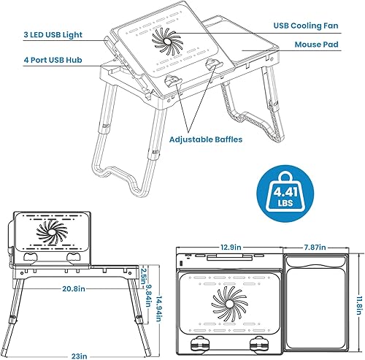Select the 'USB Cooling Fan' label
click(x=307, y=24)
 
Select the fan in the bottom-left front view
click(x=52, y=238)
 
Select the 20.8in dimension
click(x=77, y=288)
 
